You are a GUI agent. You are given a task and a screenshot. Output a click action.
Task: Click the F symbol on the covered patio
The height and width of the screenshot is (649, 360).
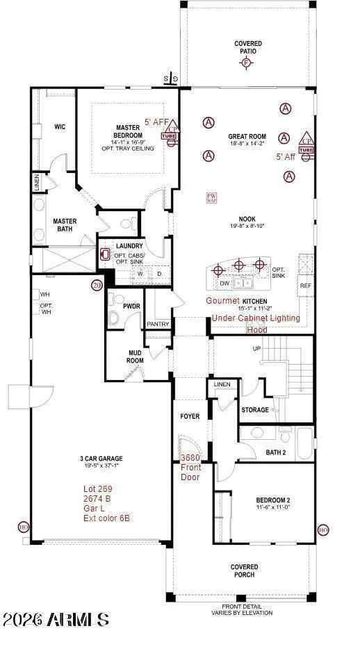click(245, 63)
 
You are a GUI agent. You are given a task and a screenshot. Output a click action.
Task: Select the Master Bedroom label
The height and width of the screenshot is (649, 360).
click(128, 131)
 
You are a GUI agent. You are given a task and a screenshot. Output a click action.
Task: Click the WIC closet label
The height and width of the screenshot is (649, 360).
click(60, 127)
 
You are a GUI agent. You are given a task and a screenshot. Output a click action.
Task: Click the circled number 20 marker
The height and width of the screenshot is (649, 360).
click(97, 285)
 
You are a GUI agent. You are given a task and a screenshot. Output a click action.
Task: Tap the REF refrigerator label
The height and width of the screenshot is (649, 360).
click(305, 286)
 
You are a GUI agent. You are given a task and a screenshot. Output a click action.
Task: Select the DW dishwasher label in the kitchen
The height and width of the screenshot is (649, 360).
click(224, 284)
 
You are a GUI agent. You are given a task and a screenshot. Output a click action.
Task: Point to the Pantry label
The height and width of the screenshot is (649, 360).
click(158, 324)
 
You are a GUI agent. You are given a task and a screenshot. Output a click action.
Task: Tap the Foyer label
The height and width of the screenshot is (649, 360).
click(190, 416)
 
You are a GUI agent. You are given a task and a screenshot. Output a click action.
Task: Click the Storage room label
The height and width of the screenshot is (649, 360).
click(255, 410)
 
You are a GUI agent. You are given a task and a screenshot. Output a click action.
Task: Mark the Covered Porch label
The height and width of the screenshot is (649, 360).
click(245, 570)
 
